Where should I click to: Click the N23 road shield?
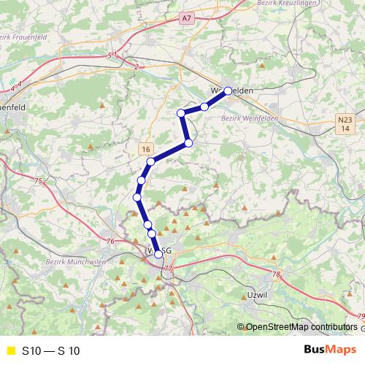click(345, 119)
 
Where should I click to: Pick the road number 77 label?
click(169, 269)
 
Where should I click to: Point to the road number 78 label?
click(275, 275)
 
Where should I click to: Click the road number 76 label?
click(110, 242)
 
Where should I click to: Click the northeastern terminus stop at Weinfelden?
click(228, 91)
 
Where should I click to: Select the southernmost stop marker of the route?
click(158, 255)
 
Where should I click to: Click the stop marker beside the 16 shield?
click(150, 161)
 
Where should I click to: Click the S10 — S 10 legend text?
click(51, 351)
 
